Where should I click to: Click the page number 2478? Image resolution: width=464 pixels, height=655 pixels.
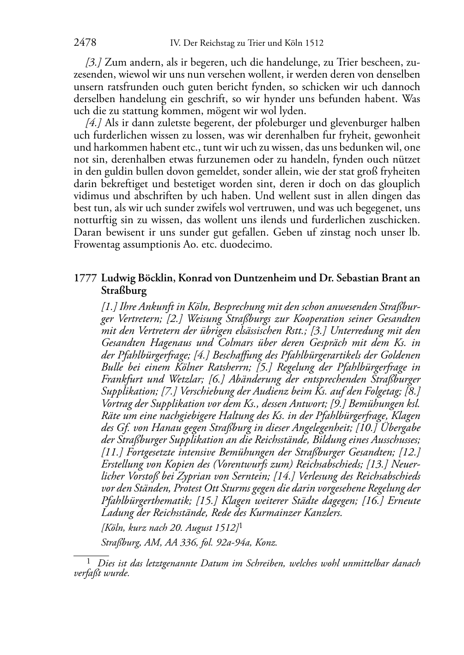pos(85,43)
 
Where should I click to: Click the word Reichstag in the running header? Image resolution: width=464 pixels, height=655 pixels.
pos(220,43)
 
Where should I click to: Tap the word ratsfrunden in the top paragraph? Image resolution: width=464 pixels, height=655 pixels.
pos(120,87)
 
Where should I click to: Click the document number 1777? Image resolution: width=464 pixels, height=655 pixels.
pos(85,279)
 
